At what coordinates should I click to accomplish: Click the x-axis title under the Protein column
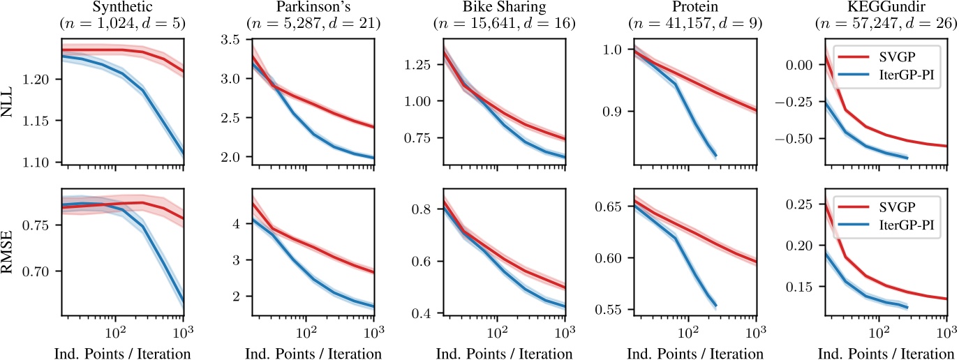(x=694, y=354)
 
